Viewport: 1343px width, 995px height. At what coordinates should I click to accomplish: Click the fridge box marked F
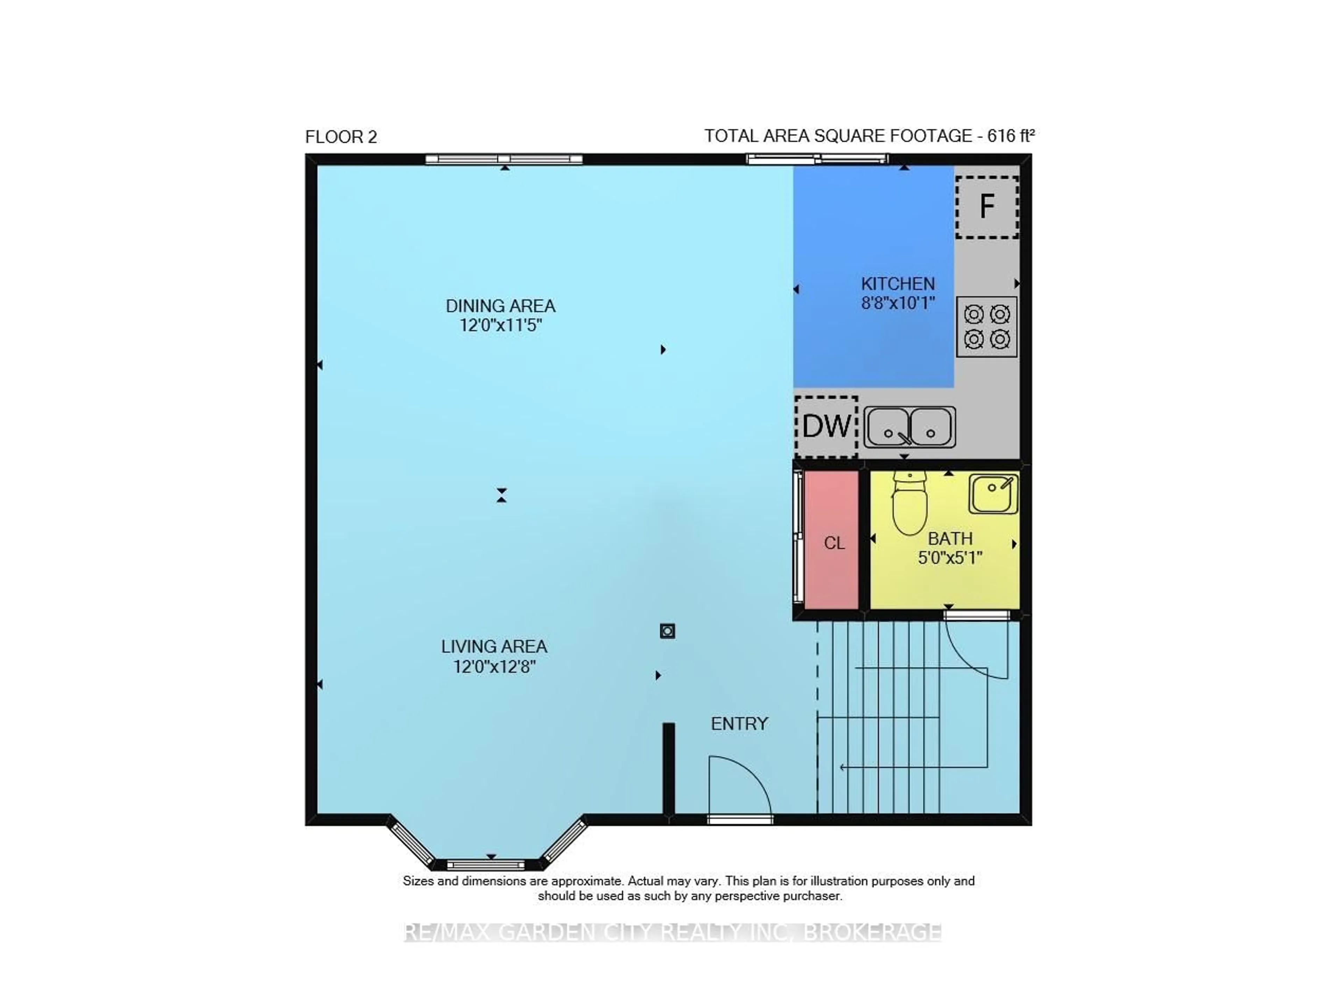click(987, 207)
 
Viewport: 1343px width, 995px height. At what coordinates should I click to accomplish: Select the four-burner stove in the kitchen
click(987, 326)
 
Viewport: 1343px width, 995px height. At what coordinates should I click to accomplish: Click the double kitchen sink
click(909, 427)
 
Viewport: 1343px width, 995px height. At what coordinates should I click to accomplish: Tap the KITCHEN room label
click(897, 284)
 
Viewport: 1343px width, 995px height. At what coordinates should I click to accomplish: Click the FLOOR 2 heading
click(341, 137)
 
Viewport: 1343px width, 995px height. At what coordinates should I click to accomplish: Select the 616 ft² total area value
click(1010, 136)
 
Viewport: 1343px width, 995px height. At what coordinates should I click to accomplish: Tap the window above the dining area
click(504, 159)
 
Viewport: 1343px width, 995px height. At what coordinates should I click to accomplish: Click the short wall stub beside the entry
click(668, 768)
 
